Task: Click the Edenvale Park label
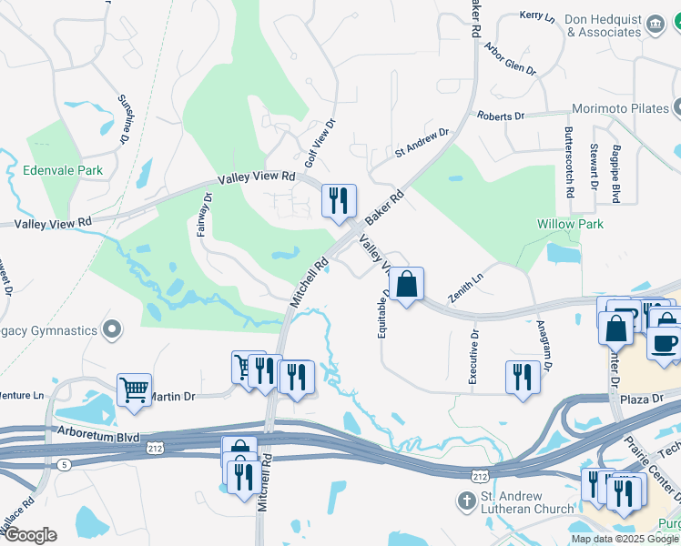pos(64,170)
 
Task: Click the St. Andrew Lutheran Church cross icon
pos(465,500)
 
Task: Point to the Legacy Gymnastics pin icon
pos(113,329)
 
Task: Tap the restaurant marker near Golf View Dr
pos(339,201)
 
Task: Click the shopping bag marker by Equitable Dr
pos(408,284)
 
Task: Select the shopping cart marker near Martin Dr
pos(134,389)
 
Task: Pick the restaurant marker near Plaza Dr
pos(523,377)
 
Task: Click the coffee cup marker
pos(664,342)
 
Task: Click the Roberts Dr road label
pos(501,116)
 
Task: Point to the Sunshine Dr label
pos(123,119)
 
